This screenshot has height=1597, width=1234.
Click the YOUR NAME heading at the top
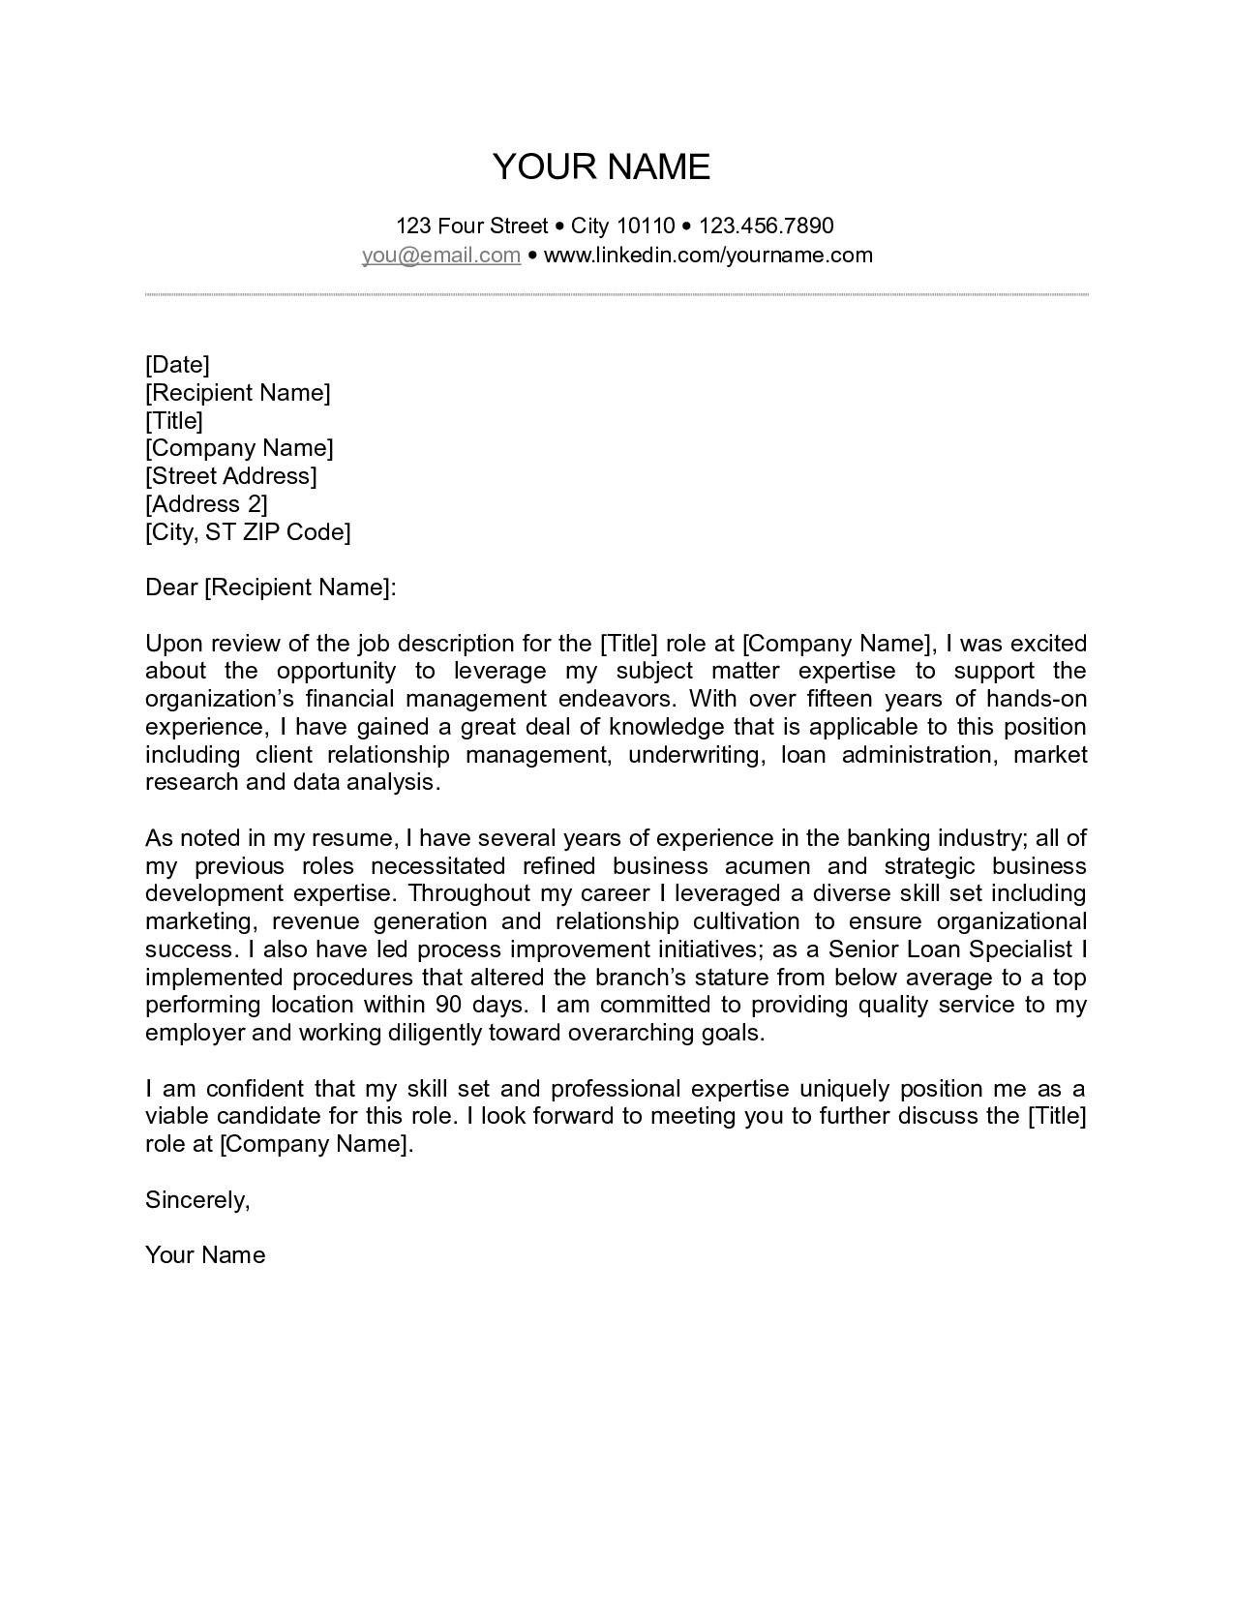coord(601,166)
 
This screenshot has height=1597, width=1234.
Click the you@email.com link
coord(441,255)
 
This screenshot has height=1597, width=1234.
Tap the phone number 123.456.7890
coord(766,226)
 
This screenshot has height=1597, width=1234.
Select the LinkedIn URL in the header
coord(707,255)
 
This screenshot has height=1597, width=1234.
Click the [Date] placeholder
coord(177,364)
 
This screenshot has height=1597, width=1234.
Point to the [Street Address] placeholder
coord(231,475)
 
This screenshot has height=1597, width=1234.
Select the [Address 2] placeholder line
coord(206,503)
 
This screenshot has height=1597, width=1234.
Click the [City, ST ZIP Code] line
coord(248,531)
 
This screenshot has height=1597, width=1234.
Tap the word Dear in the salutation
coord(171,587)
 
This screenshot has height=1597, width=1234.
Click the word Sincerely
coord(197,1199)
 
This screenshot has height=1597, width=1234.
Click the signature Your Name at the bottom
coord(205,1254)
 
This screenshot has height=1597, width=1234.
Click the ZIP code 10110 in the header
coord(645,226)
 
